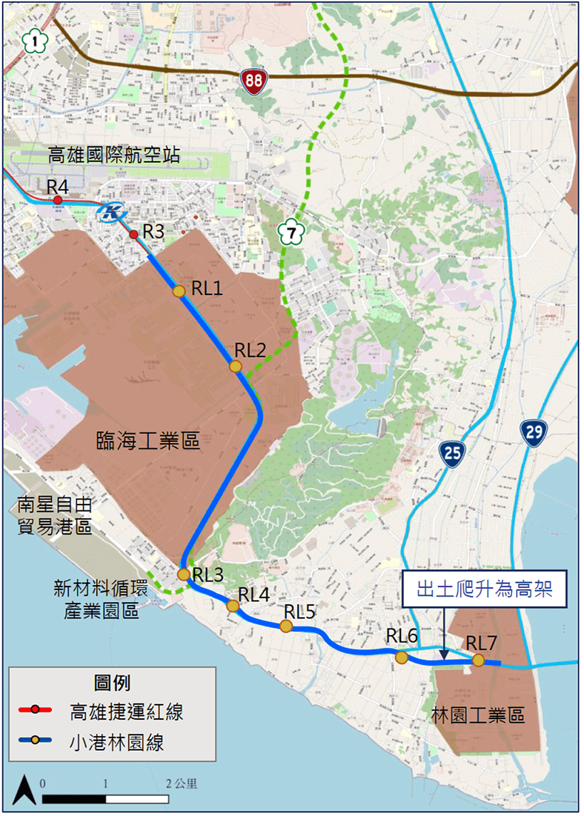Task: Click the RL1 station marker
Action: (179, 290)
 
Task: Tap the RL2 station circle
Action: (236, 366)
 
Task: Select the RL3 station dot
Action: (183, 574)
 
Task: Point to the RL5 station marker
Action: (286, 626)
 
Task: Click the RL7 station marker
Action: (479, 661)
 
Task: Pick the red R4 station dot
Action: (58, 200)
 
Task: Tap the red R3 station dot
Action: (133, 234)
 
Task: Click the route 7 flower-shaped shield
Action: (290, 232)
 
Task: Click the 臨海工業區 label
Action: (147, 443)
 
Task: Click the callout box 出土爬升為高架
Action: (486, 589)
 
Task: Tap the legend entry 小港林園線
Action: (117, 742)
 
